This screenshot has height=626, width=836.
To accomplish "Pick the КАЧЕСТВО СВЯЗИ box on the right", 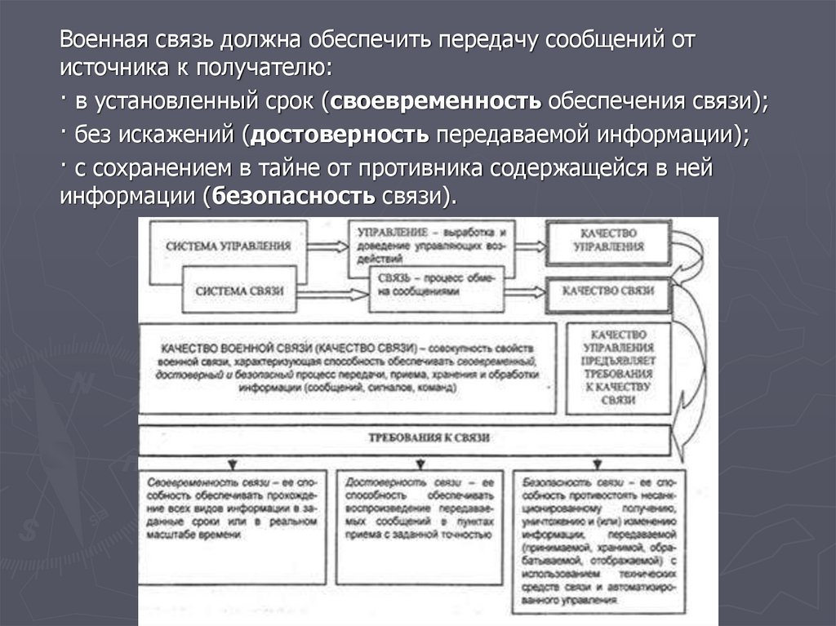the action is (610, 290).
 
